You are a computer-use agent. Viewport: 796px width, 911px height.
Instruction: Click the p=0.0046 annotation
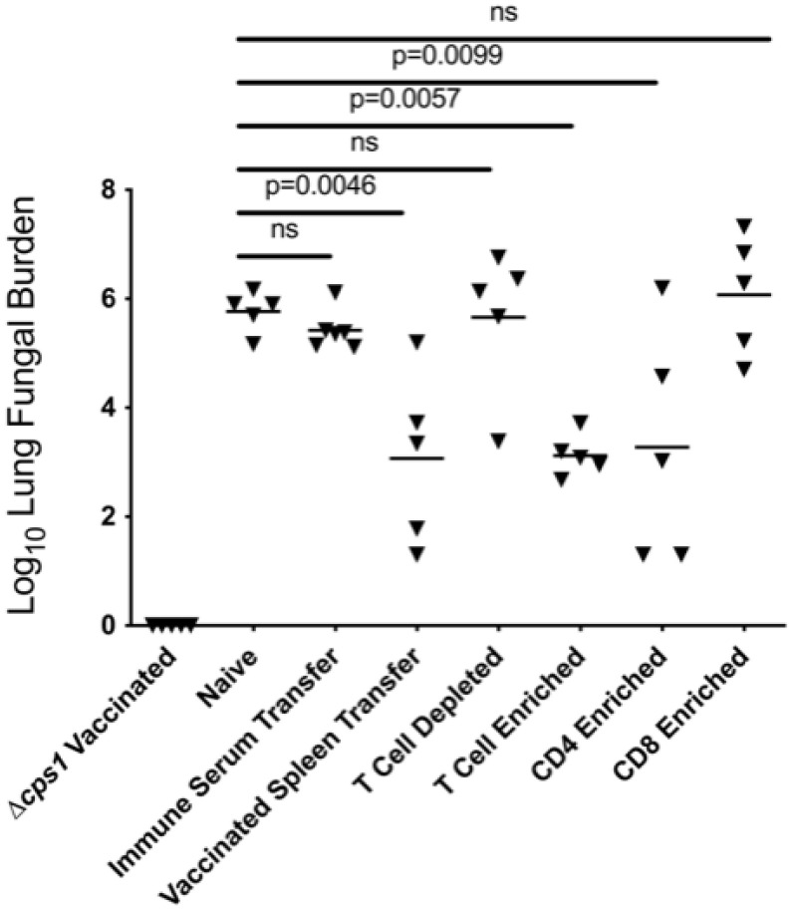point(322,184)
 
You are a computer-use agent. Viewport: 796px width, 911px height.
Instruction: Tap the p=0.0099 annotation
point(446,55)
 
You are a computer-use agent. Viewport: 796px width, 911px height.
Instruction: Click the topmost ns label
point(505,13)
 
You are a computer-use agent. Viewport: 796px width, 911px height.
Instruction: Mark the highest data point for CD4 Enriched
point(662,287)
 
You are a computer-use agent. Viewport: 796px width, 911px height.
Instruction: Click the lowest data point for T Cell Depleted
point(498,441)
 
